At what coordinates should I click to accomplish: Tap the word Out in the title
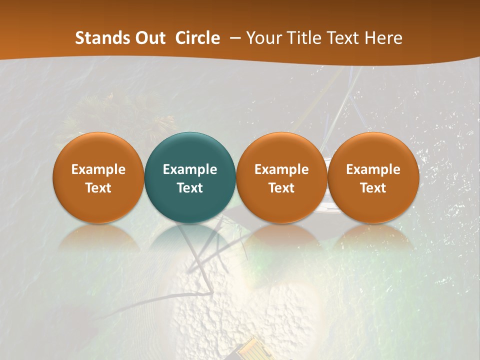[149, 38]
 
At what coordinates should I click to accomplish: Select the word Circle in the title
[197, 38]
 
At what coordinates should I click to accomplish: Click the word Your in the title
[262, 38]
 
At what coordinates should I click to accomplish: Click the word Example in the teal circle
[190, 169]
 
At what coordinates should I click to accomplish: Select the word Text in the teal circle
[190, 188]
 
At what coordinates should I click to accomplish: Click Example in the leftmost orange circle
[98, 169]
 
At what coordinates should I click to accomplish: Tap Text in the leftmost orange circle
[98, 188]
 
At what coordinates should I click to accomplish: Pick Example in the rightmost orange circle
[373, 169]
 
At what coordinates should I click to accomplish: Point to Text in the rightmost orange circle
[373, 188]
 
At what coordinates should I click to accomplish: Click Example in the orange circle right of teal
[281, 169]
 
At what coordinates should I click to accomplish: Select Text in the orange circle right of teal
[281, 188]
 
